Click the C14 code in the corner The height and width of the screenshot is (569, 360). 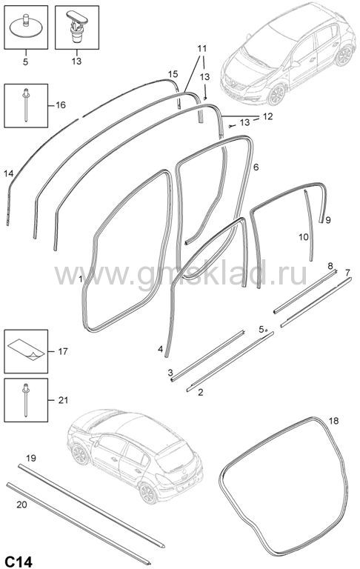tap(19, 562)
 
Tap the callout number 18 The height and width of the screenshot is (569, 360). tap(333, 421)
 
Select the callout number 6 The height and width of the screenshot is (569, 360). tap(256, 167)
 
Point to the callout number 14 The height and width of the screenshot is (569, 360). tap(9, 174)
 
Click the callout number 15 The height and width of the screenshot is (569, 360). tap(173, 74)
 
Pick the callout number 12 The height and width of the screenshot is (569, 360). tap(268, 116)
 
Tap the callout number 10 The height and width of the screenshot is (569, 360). tap(304, 237)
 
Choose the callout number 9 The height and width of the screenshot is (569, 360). tap(328, 220)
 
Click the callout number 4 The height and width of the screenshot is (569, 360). tap(160, 350)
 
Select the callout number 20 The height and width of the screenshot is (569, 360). tap(21, 505)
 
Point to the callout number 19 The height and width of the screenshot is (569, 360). tap(31, 459)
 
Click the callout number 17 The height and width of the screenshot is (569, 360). tap(63, 351)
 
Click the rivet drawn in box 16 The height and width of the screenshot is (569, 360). tap(26, 105)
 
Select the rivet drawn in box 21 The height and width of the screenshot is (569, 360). tap(26, 399)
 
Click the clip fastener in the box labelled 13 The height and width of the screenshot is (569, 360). tap(76, 27)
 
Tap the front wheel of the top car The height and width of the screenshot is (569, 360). tap(277, 94)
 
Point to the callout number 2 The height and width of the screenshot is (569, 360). tap(200, 393)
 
